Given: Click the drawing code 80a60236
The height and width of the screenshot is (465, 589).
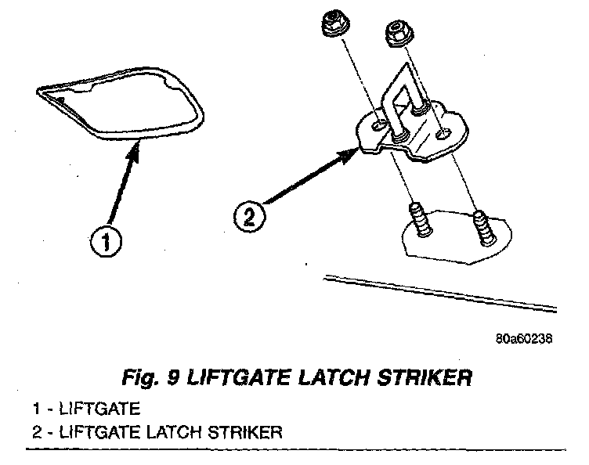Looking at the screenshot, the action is click(x=524, y=340).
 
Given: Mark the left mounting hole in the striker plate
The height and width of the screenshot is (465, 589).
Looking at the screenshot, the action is click(x=378, y=124).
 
